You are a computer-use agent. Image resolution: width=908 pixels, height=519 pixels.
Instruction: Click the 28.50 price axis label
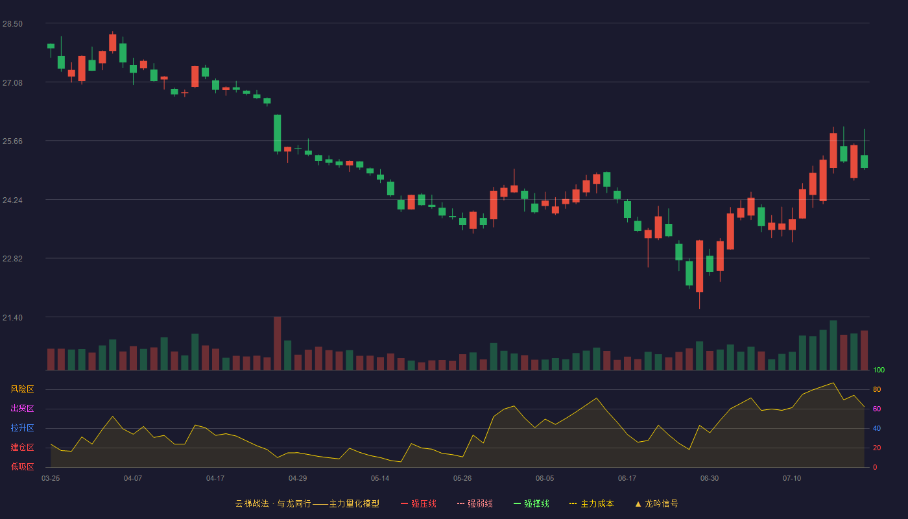(12, 24)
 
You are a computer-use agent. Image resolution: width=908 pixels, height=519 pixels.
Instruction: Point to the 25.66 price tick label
(12, 141)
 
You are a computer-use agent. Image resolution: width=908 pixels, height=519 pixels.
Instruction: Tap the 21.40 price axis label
(12, 317)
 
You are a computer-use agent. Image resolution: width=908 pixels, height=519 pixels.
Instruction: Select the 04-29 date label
(298, 479)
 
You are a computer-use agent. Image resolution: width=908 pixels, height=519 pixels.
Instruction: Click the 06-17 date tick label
(627, 479)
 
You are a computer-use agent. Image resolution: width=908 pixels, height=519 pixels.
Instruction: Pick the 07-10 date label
(792, 479)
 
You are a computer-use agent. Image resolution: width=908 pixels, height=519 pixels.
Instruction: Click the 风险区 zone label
(22, 389)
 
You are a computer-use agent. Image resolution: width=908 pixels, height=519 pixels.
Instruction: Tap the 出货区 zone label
(22, 408)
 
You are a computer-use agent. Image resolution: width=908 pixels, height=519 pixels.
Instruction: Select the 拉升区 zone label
(22, 428)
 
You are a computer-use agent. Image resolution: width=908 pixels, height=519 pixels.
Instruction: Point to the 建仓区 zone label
(22, 447)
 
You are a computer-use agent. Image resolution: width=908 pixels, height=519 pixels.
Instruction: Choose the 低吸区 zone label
(22, 466)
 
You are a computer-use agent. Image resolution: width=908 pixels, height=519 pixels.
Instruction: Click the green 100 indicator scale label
(879, 370)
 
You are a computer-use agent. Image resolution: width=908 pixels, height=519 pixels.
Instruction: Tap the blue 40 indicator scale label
(877, 428)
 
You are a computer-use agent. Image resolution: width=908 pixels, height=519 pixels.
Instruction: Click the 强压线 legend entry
(418, 503)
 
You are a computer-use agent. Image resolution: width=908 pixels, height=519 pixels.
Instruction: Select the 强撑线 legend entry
(531, 503)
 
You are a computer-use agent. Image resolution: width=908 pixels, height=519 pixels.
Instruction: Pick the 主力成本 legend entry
(591, 503)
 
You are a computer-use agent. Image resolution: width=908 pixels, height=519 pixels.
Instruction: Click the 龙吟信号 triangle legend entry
(656, 503)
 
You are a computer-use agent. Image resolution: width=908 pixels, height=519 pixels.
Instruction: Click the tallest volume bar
(278, 343)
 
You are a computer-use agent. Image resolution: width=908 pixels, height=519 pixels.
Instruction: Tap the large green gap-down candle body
(278, 133)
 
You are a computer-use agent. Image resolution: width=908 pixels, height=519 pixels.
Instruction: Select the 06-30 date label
(710, 479)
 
